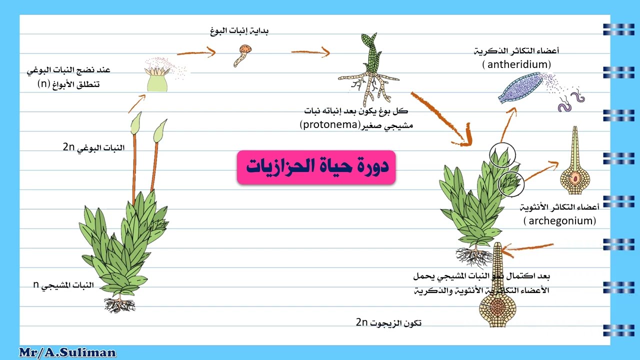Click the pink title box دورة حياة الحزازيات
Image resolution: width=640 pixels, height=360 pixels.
(x=316, y=167)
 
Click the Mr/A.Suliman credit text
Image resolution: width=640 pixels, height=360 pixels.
(x=67, y=352)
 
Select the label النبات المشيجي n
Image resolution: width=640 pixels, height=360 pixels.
(x=63, y=285)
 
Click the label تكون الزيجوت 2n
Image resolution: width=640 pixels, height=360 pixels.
(x=388, y=322)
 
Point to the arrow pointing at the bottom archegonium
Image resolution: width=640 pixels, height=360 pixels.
(x=528, y=246)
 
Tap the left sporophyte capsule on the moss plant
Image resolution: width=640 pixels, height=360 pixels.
(x=135, y=123)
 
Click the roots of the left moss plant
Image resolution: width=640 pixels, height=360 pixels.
(x=119, y=304)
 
